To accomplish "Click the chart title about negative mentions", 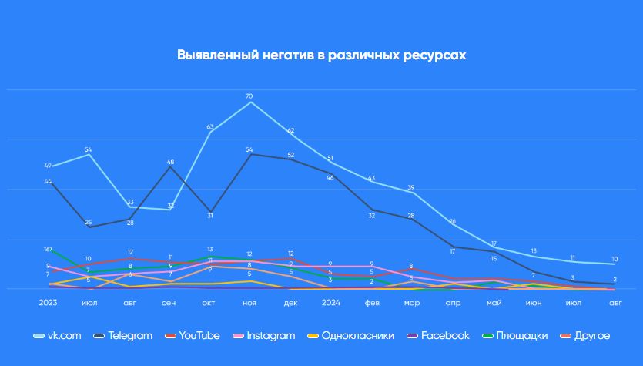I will pyautogui.click(x=321, y=55).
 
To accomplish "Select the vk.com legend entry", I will pyautogui.click(x=61, y=335).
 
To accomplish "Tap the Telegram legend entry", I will pyautogui.click(x=129, y=335).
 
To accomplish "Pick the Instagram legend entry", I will pyautogui.click(x=270, y=335).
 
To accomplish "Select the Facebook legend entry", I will pyautogui.click(x=444, y=335).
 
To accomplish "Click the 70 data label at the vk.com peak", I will pyautogui.click(x=249, y=96).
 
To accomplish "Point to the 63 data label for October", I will pyautogui.click(x=210, y=126).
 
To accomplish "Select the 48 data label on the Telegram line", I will pyautogui.click(x=170, y=163).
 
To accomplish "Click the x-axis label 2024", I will pyautogui.click(x=330, y=303).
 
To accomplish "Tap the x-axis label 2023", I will pyautogui.click(x=49, y=303).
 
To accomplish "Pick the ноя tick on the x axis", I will pyautogui.click(x=249, y=303).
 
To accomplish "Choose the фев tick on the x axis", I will pyautogui.click(x=371, y=303).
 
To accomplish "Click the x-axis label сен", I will pyautogui.click(x=169, y=303).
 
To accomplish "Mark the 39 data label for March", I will pyautogui.click(x=411, y=187).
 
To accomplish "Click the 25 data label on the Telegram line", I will pyautogui.click(x=89, y=223).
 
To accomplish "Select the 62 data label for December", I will pyautogui.click(x=290, y=131).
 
